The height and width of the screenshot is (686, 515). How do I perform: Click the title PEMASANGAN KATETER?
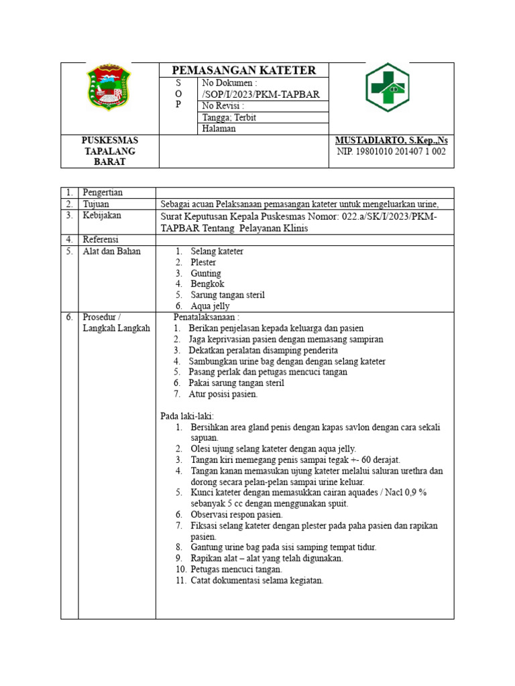(244, 70)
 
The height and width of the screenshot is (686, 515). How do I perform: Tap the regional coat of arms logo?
(109, 88)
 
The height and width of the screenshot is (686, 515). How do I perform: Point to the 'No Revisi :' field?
(223, 106)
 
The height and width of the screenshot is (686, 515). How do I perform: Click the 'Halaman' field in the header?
(219, 129)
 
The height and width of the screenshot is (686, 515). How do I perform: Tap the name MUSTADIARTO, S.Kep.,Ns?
(391, 141)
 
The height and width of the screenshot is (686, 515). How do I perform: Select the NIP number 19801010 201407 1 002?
(391, 151)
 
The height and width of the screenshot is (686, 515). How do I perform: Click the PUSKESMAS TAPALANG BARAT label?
(109, 151)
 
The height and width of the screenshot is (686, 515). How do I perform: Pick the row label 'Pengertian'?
(104, 193)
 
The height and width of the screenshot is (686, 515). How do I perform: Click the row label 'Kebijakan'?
(103, 216)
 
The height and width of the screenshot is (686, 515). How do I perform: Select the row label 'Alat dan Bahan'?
(112, 251)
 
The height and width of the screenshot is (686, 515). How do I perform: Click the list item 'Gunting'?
(206, 273)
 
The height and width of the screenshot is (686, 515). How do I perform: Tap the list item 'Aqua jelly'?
(210, 305)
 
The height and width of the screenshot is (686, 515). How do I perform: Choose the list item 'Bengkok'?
(207, 284)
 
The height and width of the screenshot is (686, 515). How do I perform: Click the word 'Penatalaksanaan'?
(205, 317)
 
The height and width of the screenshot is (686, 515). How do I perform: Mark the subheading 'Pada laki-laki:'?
(187, 416)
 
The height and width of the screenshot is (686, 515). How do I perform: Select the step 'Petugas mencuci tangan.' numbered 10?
(237, 569)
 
